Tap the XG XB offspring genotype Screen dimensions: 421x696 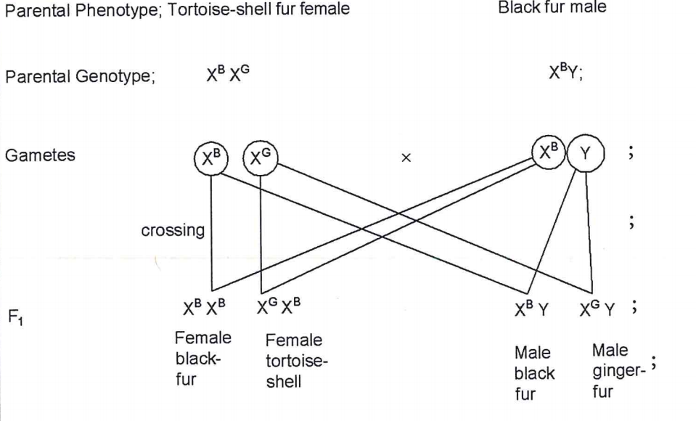(277, 308)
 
